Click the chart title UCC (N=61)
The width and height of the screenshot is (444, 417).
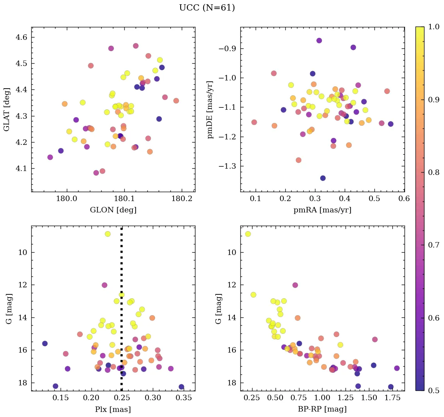coord(207,8)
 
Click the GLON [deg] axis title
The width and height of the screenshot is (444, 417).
coord(113,210)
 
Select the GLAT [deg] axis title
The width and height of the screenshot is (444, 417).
coord(7,109)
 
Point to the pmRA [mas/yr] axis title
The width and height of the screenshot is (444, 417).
coord(322,210)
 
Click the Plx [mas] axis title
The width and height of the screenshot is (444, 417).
coord(113,409)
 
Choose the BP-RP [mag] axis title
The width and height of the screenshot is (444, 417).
coord(322,409)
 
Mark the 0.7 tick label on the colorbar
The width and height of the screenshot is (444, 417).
coord(434,245)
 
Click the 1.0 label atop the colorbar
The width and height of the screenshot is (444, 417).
coord(434,27)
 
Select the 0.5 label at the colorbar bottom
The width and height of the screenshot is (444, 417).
coord(434,390)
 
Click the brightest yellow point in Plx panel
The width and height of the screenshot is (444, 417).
coord(107,234)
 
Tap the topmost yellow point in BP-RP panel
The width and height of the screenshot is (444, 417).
coord(248,234)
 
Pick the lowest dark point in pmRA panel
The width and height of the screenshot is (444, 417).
coord(323,178)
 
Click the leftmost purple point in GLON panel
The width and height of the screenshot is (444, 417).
coord(50,157)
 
